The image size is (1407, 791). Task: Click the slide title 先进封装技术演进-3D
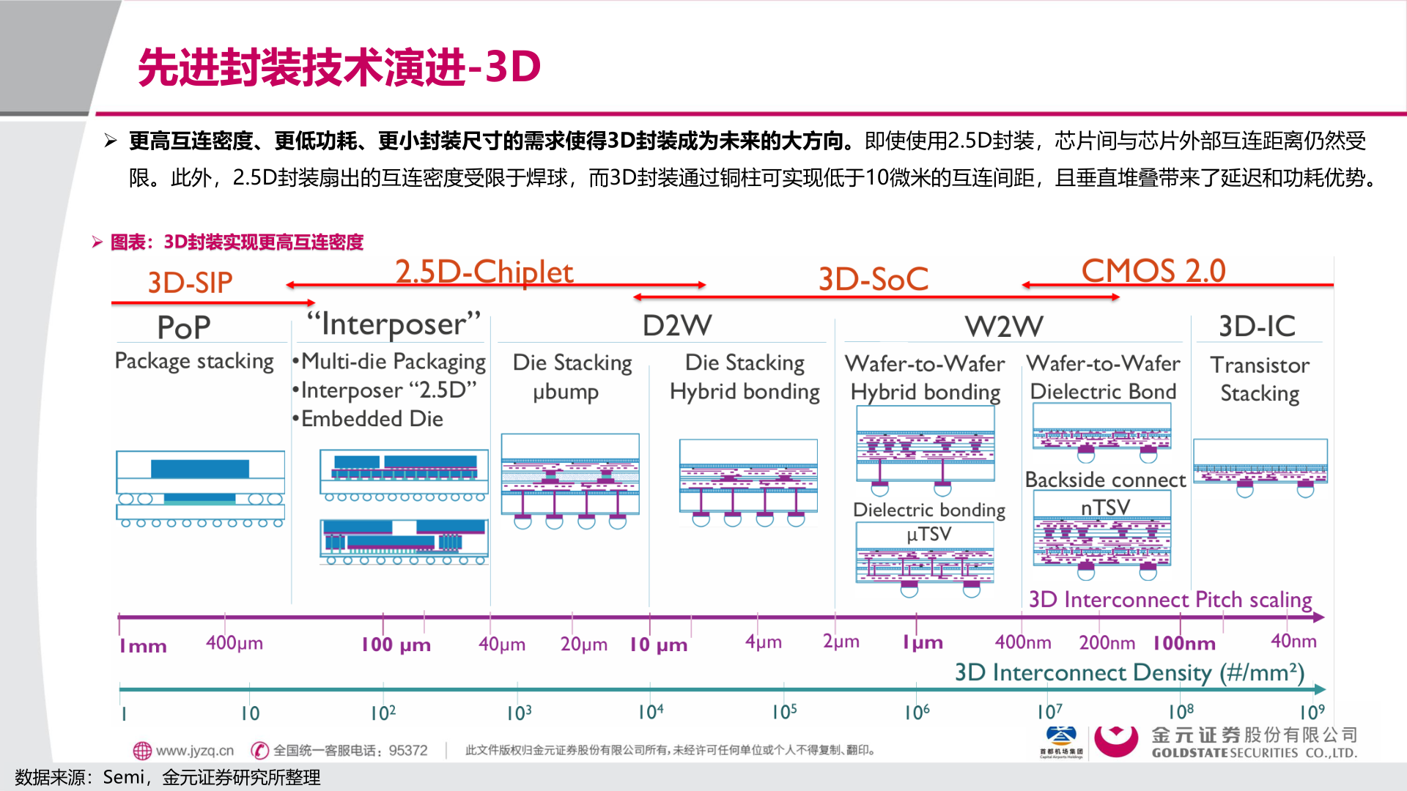click(x=339, y=67)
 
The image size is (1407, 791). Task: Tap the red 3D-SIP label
click(x=190, y=283)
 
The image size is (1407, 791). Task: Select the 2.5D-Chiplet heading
click(x=484, y=272)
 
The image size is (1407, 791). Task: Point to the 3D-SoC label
click(x=873, y=279)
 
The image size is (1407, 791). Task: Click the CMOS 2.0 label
click(x=1153, y=271)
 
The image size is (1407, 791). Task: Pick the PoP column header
click(x=183, y=327)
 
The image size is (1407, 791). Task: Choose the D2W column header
click(x=676, y=325)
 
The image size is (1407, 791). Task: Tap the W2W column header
click(x=1003, y=326)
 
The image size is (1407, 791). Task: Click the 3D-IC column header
click(x=1257, y=326)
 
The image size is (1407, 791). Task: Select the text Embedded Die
click(x=372, y=419)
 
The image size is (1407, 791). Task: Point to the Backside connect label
click(x=1105, y=480)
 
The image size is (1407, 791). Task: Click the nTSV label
click(x=1105, y=507)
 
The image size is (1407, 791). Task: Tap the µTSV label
click(x=928, y=534)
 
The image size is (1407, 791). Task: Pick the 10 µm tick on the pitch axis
click(x=658, y=645)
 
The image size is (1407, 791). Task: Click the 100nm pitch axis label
click(x=1183, y=643)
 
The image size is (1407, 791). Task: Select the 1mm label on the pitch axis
click(x=143, y=646)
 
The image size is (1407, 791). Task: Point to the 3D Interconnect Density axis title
click(x=1129, y=672)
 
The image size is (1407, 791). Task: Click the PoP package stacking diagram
click(x=200, y=489)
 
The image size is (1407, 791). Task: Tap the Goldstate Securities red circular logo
click(x=1115, y=741)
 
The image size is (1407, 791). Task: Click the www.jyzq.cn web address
click(x=194, y=751)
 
